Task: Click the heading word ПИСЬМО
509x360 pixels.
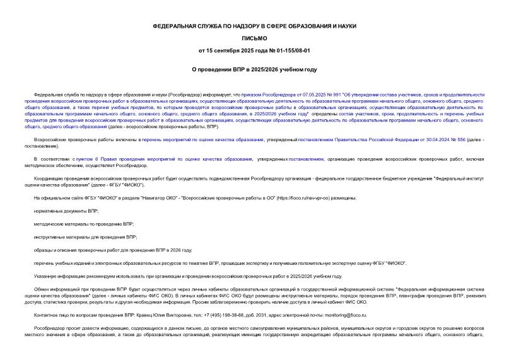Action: [254, 38]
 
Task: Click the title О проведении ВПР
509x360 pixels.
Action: [254, 69]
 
